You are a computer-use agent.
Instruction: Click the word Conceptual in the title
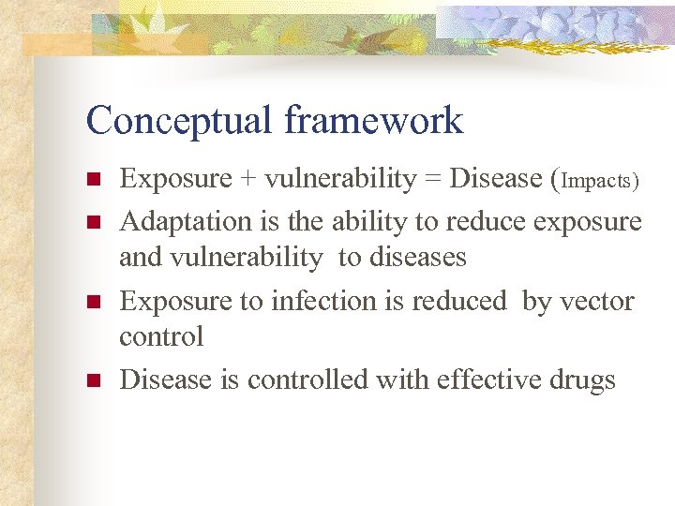pos(179,121)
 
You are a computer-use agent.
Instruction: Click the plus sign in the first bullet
pos(247,179)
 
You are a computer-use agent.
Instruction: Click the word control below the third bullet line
pos(160,336)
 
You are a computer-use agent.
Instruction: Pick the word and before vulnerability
pos(139,257)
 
